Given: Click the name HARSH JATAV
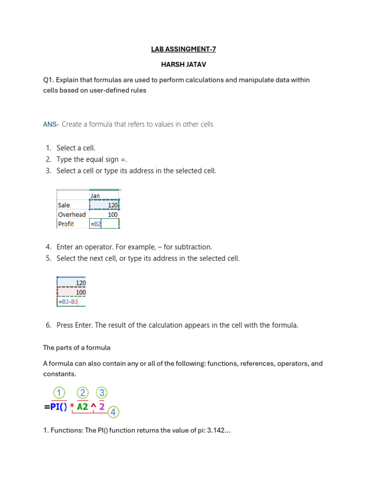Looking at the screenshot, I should pyautogui.click(x=183, y=64).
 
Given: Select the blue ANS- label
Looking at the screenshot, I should pyautogui.click(x=51, y=124).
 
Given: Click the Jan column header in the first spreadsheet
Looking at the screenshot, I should pyautogui.click(x=95, y=196).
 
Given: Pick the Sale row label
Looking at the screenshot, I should pyautogui.click(x=64, y=205).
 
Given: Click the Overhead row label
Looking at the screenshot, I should pyautogui.click(x=72, y=214).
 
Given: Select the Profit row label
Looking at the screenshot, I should pyautogui.click(x=66, y=224).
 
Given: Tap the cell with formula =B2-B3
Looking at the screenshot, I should pyautogui.click(x=68, y=302).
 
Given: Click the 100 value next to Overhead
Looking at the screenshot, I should pyautogui.click(x=112, y=214).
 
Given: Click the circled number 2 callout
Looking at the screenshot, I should pyautogui.click(x=83, y=393).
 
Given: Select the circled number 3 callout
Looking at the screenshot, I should pyautogui.click(x=101, y=393).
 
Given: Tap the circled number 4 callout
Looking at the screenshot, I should pyautogui.click(x=113, y=412).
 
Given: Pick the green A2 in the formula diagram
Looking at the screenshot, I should pyautogui.click(x=83, y=407).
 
